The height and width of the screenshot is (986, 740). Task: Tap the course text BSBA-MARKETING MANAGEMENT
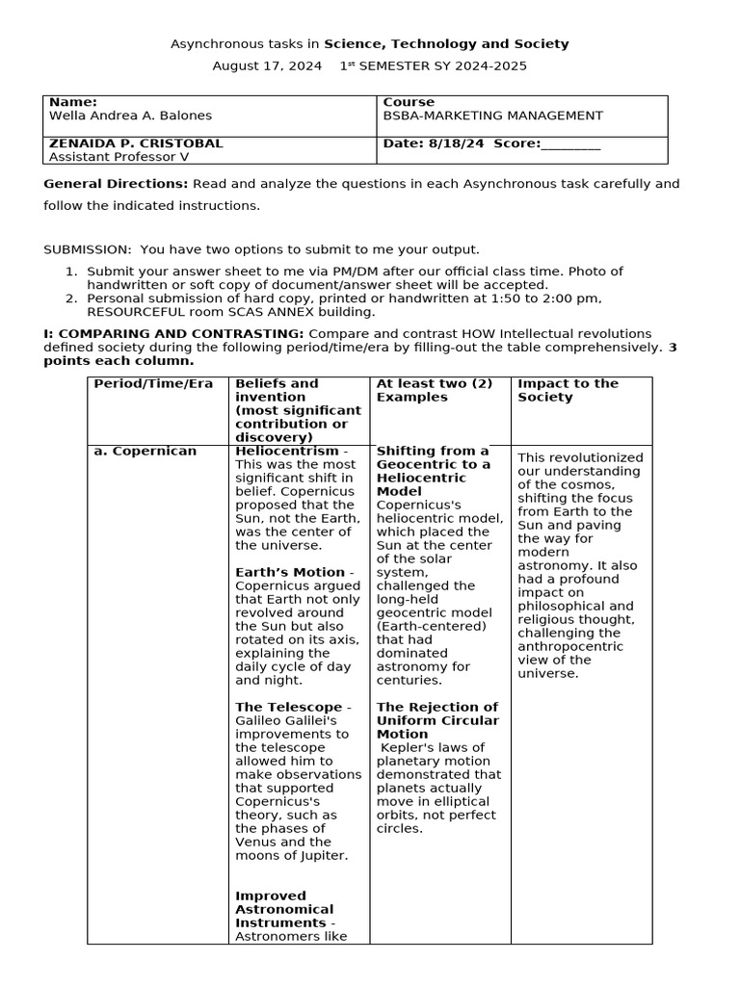(x=492, y=116)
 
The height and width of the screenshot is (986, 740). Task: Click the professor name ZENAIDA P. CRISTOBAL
(x=136, y=143)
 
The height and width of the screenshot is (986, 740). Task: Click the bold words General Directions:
(x=117, y=184)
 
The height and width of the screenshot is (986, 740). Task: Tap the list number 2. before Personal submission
(x=71, y=298)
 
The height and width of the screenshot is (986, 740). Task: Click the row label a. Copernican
(x=145, y=451)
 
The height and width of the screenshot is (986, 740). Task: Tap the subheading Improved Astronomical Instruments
(x=284, y=909)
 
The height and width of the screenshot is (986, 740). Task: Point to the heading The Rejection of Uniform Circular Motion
(x=437, y=720)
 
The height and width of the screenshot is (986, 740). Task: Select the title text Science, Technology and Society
(x=446, y=44)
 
